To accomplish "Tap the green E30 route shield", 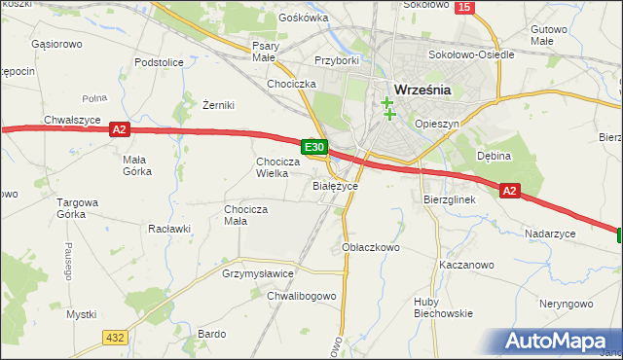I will click(313, 147).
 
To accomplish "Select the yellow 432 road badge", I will click(115, 337).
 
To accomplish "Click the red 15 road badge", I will click(464, 7).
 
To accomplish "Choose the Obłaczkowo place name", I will click(372, 247).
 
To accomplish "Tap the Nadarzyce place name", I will click(551, 234).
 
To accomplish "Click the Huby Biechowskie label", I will click(443, 306).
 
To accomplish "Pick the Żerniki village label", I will click(219, 105).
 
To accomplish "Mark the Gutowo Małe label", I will click(550, 36).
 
